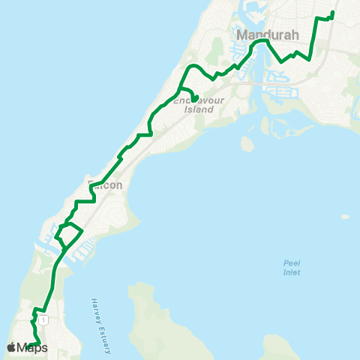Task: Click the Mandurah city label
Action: [268, 34]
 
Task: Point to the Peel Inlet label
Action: [292, 267]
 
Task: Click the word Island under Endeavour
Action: [199, 109]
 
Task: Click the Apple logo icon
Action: [12, 346]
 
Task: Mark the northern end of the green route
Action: [332, 12]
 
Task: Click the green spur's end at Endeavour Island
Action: [193, 98]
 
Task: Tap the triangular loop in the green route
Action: [68, 235]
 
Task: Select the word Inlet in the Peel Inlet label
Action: [292, 272]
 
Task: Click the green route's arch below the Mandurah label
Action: [259, 43]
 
